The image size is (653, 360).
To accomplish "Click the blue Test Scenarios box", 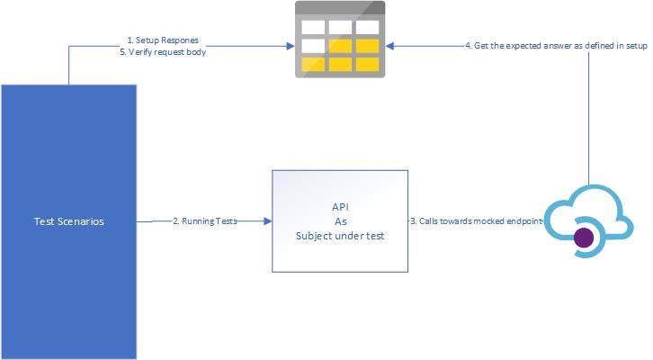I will pos(68,270).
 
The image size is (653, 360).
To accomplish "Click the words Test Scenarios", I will pos(68,220).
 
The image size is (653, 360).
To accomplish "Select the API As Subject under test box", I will pos(340,220).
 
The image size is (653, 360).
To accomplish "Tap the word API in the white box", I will pos(340,206).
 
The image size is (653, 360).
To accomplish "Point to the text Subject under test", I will pos(340,236).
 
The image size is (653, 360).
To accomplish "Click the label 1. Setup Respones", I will pos(162,40).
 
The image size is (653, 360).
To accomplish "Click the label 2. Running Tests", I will pos(204,220).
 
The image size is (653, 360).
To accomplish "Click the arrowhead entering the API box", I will pos(267,220).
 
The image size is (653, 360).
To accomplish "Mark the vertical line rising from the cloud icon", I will pos(590,117).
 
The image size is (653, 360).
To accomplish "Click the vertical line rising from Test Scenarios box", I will pos(68,65).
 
